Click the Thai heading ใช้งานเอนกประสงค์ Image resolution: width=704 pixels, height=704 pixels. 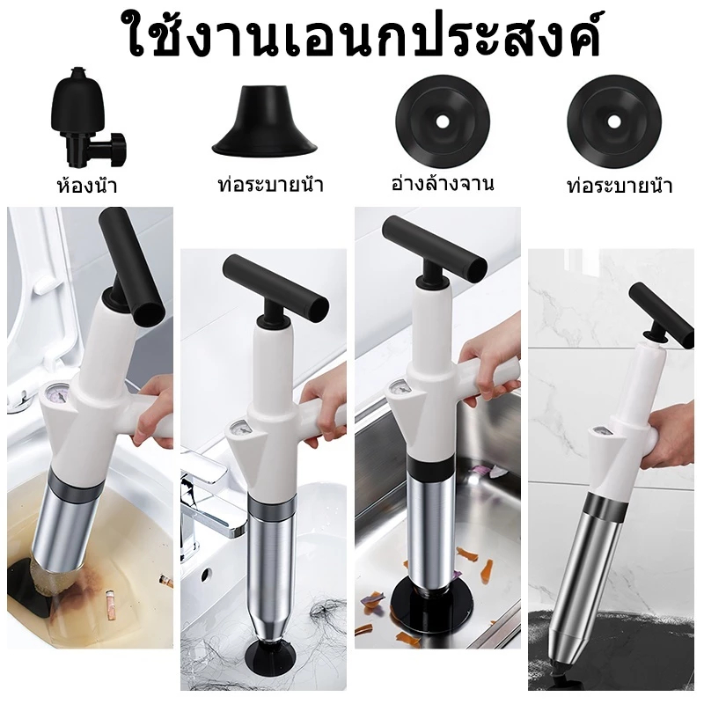(364, 37)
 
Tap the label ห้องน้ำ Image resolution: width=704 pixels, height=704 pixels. (87, 185)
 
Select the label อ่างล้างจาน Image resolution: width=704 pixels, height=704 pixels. (443, 183)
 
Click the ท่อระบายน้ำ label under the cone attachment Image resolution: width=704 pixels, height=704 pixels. (270, 184)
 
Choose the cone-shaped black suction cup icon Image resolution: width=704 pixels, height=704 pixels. (266, 120)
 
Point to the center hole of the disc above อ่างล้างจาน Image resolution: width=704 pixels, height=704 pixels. (443, 121)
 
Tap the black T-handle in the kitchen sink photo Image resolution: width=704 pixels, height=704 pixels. (434, 248)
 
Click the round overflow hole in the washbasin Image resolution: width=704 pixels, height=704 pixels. (207, 574)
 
